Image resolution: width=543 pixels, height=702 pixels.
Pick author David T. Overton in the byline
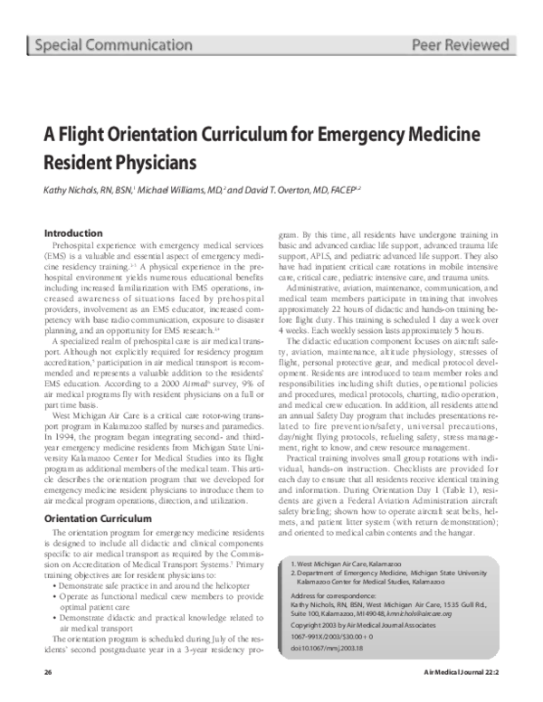285,192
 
